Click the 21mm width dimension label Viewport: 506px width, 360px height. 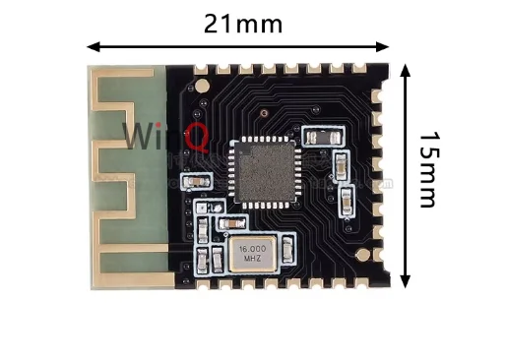(x=242, y=23)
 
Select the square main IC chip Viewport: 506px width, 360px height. (x=263, y=172)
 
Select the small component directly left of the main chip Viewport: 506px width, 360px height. (x=196, y=181)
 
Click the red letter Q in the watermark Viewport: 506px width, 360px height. (x=195, y=138)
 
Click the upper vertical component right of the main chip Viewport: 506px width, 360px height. (x=340, y=164)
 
